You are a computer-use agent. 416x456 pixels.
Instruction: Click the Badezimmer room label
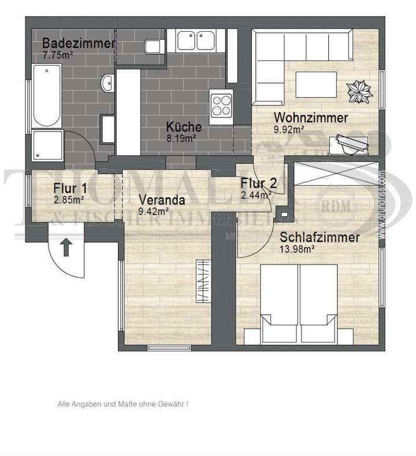pos(79,43)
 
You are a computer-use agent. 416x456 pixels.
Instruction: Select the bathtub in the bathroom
pos(46,96)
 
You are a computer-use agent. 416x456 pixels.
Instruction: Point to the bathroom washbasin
pos(107,84)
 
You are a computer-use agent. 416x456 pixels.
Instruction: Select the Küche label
pos(184,127)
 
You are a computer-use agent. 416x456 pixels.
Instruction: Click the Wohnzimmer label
pos(311,118)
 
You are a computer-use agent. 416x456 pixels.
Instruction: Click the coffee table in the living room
pos(316,81)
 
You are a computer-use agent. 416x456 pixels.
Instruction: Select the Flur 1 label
pos(70,188)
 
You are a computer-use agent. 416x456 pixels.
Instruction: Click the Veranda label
pos(161,201)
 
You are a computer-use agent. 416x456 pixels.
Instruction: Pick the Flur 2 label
pos(258,184)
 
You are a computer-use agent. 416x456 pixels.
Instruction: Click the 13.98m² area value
pos(297,249)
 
